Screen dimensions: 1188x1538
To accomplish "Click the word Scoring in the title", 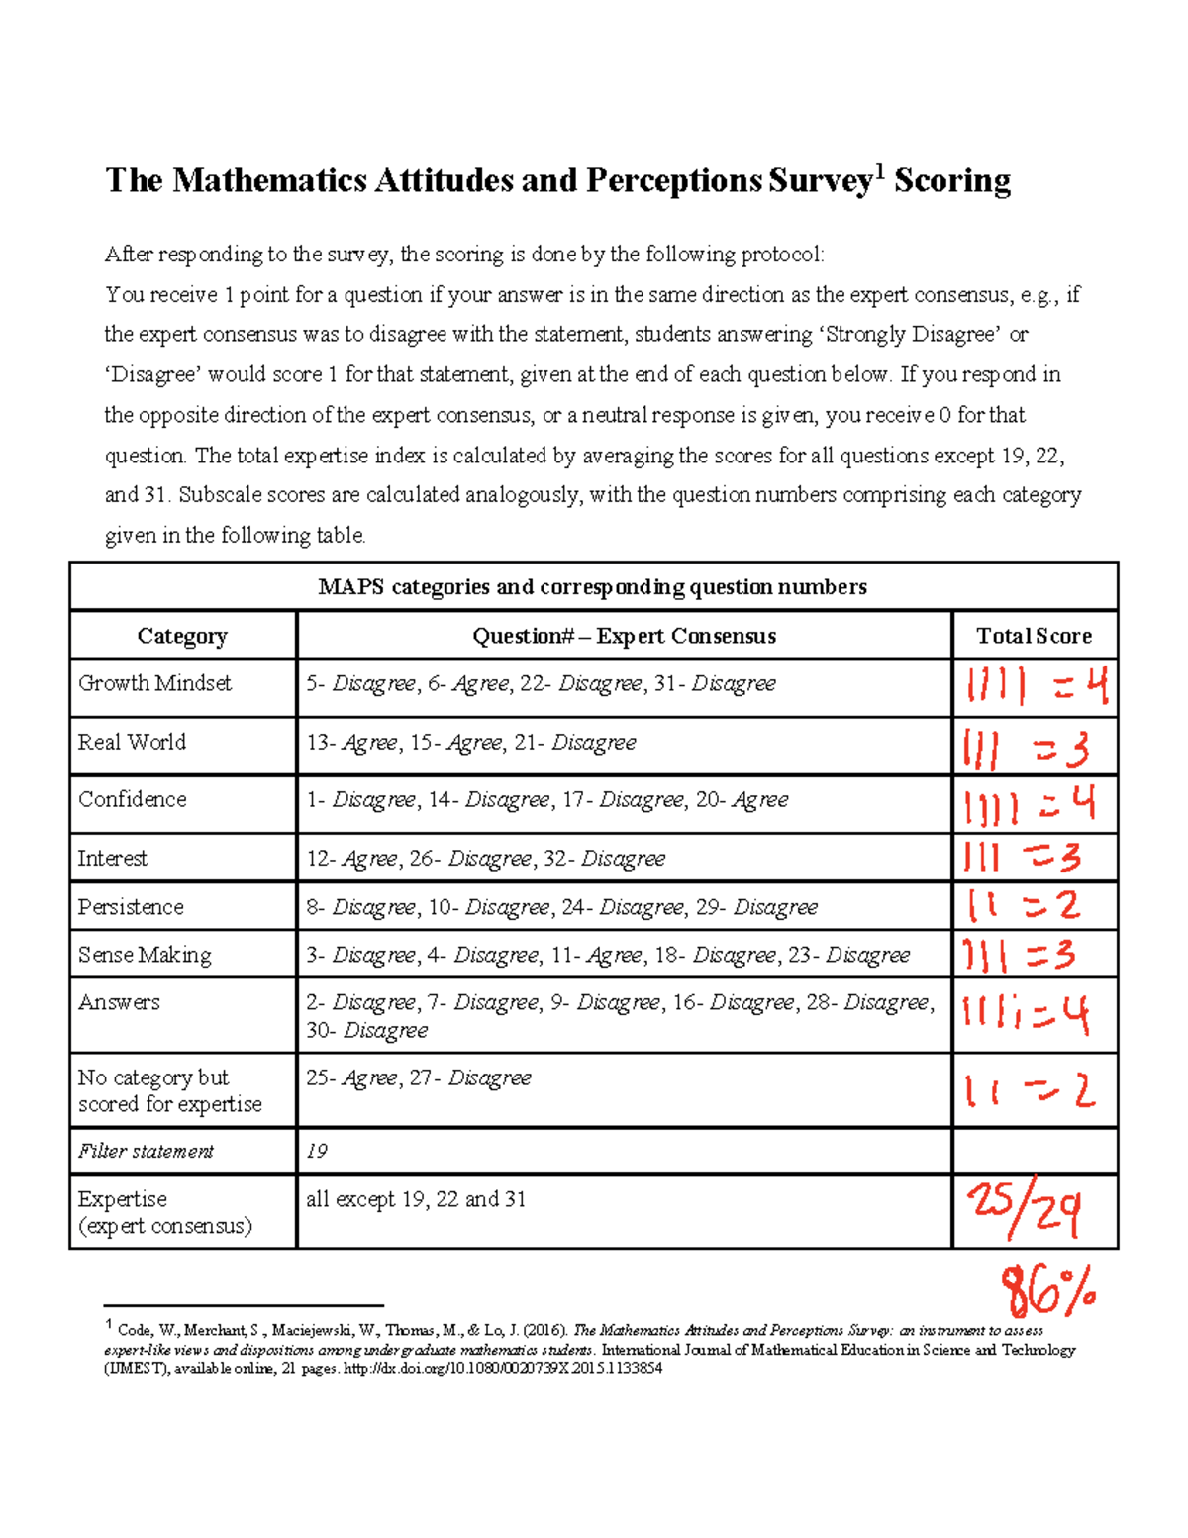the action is tap(951, 181).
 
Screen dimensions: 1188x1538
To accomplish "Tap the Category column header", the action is tap(182, 636).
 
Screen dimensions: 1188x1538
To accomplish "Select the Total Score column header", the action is tap(1034, 636).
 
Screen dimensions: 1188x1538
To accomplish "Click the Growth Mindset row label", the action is tap(154, 683).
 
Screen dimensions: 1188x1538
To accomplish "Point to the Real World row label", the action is tap(132, 742).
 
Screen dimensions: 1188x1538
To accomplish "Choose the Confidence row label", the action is tap(132, 799).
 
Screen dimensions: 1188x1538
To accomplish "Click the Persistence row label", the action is tap(131, 907).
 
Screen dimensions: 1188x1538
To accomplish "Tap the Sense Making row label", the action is tap(145, 955).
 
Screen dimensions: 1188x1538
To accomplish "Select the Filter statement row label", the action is tap(146, 1151).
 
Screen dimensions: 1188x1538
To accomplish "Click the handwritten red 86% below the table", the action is tap(1047, 1289).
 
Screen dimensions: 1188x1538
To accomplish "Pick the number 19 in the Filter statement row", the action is tap(317, 1151).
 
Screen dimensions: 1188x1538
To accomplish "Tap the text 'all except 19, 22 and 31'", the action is tap(416, 1199).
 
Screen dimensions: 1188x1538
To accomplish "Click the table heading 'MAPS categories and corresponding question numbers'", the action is tap(592, 587).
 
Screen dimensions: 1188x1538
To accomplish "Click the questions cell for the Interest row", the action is tap(485, 859).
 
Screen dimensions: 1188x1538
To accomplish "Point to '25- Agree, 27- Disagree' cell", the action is tap(419, 1077).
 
